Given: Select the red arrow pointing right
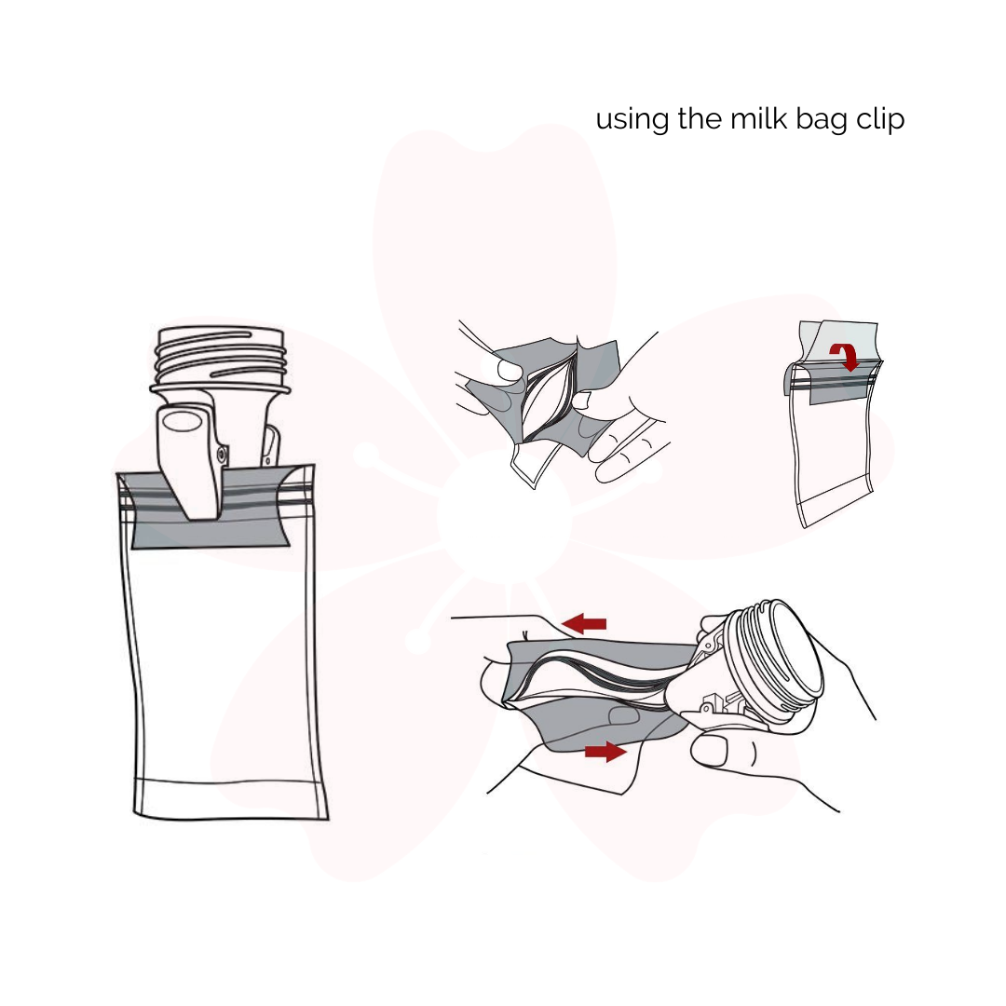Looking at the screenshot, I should tap(605, 751).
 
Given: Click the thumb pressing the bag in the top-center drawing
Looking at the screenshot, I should tap(509, 370).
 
